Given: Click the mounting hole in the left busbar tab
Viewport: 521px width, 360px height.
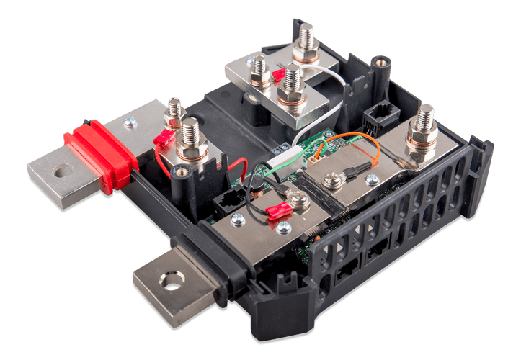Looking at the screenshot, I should tap(63, 171).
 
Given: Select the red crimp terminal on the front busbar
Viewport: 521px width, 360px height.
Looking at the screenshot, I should tap(279, 211).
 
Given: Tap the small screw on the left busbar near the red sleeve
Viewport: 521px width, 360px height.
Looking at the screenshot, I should tap(129, 124).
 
